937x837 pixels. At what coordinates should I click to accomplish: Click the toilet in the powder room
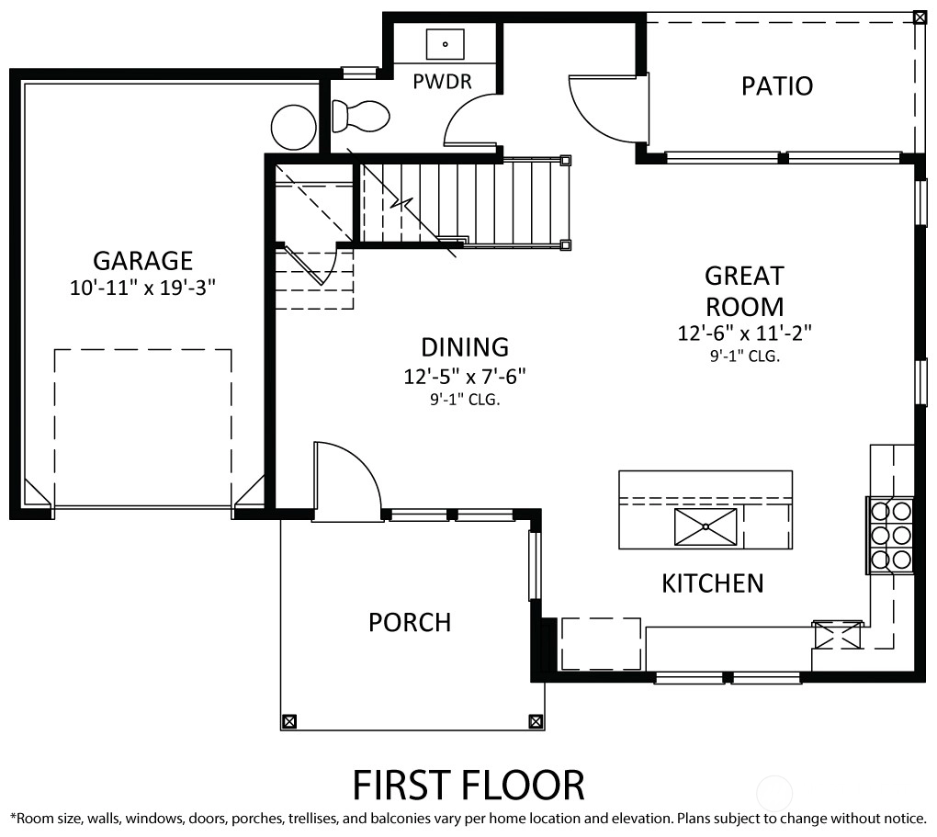360,116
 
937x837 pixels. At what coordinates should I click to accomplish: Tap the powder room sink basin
446,44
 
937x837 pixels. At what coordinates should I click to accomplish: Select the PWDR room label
442,81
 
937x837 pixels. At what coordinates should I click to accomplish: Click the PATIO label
777,86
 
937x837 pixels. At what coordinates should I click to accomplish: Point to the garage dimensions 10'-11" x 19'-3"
142,288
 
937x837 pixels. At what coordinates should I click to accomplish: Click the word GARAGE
142,261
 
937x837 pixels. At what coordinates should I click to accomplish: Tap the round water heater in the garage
293,127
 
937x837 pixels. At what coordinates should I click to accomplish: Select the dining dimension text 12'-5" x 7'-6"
464,377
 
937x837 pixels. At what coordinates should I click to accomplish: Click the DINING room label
465,347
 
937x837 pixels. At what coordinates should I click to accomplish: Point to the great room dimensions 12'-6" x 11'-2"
745,333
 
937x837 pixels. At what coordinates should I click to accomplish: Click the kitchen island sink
706,526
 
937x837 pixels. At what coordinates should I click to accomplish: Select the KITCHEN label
712,583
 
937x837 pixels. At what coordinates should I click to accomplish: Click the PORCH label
410,622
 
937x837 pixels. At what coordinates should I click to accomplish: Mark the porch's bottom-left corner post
289,721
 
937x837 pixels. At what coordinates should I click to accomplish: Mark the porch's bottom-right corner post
536,721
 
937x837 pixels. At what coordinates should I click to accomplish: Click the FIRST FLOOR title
468,785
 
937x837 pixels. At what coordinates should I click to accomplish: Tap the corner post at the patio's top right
920,17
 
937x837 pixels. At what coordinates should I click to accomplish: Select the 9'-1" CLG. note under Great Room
745,356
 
